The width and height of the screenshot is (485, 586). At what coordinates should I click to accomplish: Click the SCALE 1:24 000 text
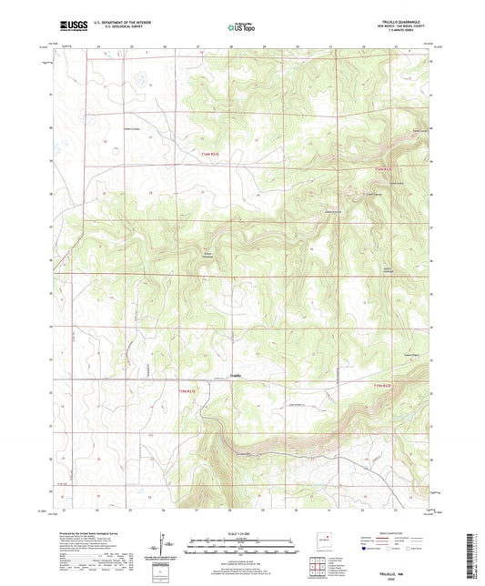coord(242,533)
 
